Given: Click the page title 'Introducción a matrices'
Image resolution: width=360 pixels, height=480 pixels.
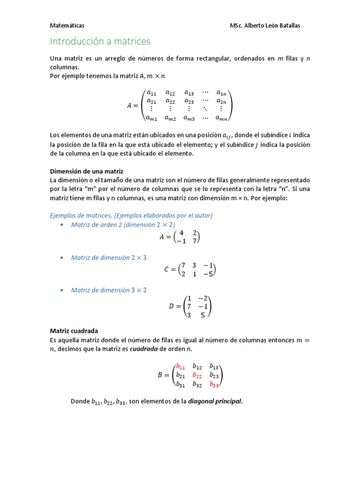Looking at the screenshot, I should click(100, 41).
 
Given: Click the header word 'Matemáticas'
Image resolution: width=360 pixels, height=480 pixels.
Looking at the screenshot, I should click(67, 26).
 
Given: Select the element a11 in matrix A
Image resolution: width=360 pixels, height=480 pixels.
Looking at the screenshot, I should click(152, 92).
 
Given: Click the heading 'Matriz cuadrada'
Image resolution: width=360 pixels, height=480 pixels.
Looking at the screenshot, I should click(74, 330).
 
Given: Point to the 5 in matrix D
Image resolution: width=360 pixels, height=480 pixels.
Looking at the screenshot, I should click(202, 315).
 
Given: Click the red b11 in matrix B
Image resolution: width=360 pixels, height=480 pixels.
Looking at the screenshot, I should click(180, 367).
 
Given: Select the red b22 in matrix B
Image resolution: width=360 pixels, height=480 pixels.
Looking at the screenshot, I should click(197, 375).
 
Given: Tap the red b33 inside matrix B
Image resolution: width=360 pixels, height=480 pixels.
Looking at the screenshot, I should click(214, 384).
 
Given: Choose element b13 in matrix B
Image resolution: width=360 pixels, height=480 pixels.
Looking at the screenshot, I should click(214, 367).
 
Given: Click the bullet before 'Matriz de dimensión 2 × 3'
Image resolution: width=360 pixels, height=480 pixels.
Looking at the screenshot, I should click(62, 258).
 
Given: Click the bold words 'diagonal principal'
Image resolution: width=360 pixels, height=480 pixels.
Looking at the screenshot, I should click(215, 401).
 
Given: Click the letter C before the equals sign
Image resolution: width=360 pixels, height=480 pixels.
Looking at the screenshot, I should click(166, 270).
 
